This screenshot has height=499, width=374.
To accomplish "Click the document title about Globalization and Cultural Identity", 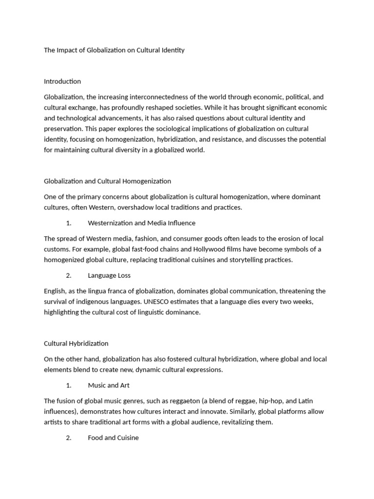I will [x=114, y=50].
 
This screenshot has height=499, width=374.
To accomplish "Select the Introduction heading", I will [x=62, y=81].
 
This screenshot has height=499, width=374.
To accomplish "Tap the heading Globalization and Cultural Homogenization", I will [x=107, y=181].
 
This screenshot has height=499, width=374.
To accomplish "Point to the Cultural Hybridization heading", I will [x=76, y=344].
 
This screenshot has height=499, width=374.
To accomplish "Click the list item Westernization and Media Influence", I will [x=141, y=223].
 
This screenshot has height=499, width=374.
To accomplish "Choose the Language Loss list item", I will [x=109, y=275].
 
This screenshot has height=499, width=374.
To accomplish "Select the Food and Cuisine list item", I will [x=113, y=438].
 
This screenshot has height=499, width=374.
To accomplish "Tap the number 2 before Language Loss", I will [x=68, y=275].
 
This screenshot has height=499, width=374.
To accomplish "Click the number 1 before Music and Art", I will [x=68, y=385].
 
